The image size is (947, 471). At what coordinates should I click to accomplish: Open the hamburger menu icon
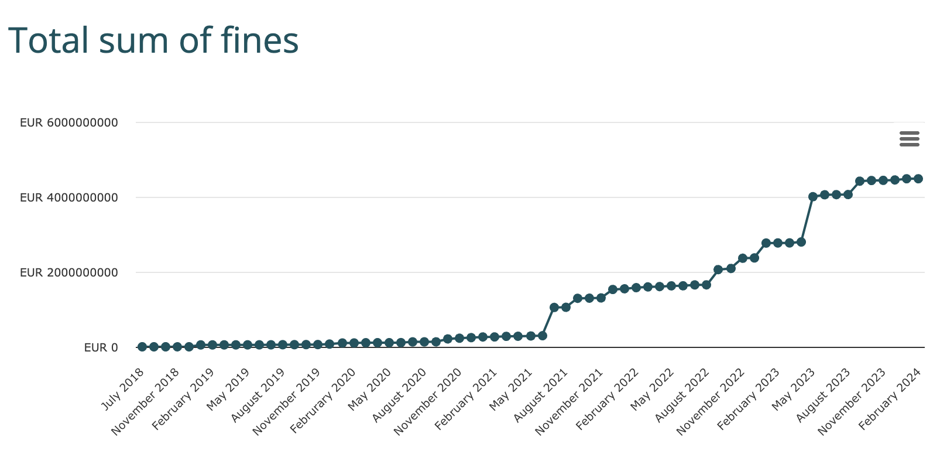point(909,139)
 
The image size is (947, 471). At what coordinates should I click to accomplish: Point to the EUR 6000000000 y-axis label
point(68,122)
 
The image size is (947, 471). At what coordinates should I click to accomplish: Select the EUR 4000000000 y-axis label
point(68,197)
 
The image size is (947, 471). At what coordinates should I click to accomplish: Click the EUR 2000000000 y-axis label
point(68,272)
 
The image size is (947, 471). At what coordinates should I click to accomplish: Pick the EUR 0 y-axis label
point(101,347)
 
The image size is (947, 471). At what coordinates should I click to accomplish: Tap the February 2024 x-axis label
point(890,399)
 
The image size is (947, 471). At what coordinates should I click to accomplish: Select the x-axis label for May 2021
point(510,389)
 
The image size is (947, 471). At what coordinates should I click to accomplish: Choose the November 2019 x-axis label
point(286,401)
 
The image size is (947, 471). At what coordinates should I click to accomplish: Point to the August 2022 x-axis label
point(682,395)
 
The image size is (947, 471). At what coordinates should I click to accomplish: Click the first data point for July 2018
point(142,347)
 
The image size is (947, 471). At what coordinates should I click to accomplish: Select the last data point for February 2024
point(918,179)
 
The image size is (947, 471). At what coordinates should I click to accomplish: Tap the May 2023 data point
point(813,197)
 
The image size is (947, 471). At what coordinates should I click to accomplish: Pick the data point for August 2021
point(554,308)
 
